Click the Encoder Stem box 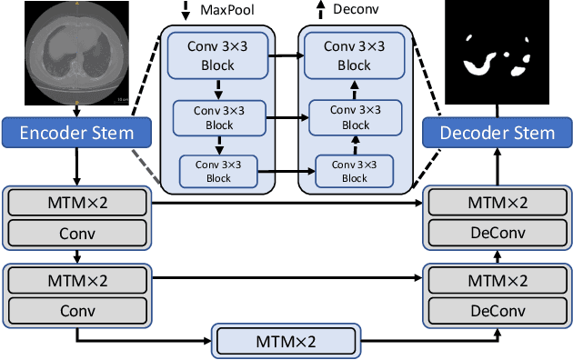click(x=76, y=134)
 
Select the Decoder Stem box click(x=497, y=134)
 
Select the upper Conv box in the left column click(x=76, y=233)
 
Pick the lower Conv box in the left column click(x=76, y=309)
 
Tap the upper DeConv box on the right click(x=497, y=233)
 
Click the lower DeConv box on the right click(x=497, y=309)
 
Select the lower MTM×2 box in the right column click(x=497, y=280)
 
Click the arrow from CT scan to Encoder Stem click(x=76, y=111)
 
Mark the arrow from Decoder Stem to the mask click(x=497, y=111)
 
